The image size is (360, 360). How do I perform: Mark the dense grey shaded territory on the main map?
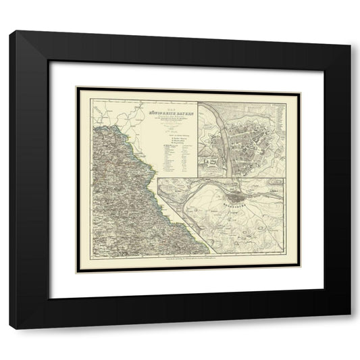pos(115,196)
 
